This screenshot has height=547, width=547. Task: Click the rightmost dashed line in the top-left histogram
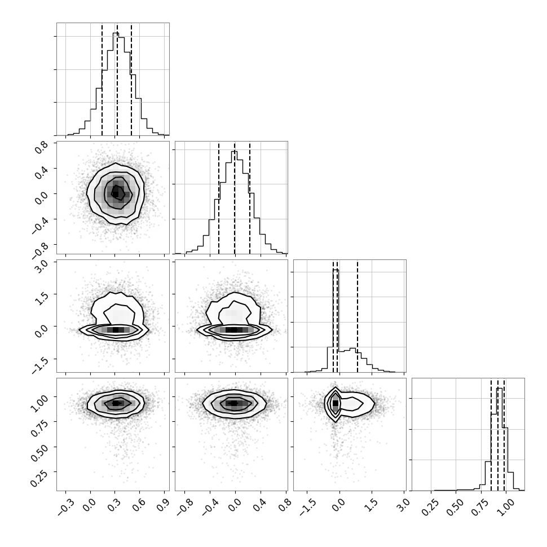131,79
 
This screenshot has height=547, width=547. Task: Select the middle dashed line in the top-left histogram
117,79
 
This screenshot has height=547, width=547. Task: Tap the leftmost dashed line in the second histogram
219,198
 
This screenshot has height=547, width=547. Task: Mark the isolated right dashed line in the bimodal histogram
358,316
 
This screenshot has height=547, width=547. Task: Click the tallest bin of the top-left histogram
116,84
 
